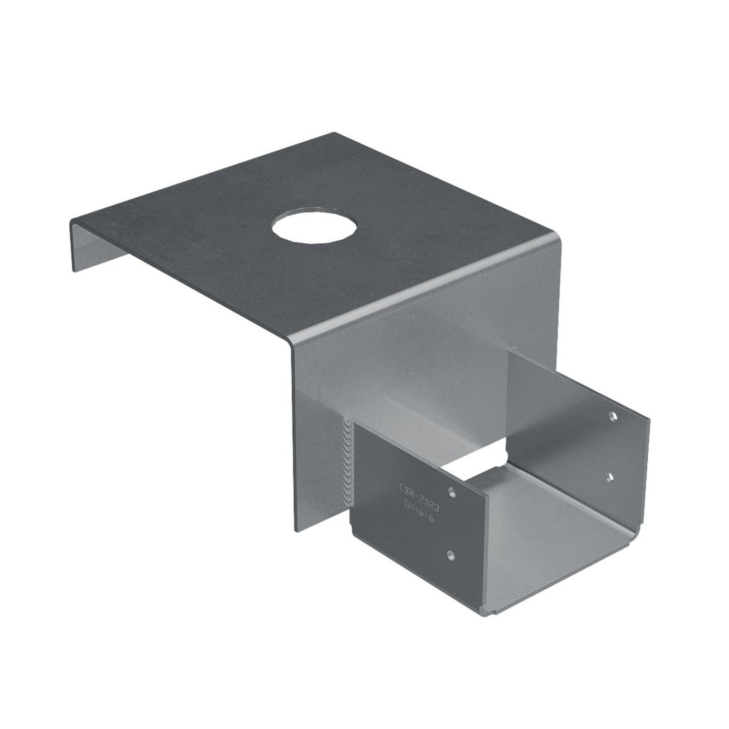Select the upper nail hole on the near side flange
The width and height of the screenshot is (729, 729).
point(453,490)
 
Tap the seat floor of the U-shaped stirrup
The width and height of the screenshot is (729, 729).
point(545,545)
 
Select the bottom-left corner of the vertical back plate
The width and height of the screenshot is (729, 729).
point(296,530)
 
